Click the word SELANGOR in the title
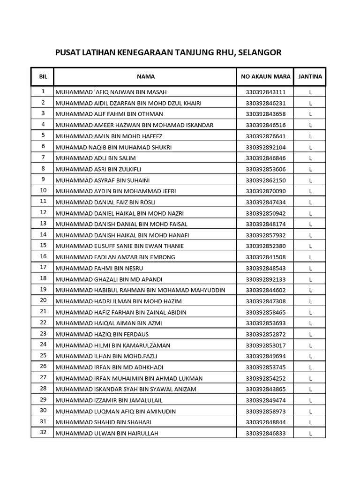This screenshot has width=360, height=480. point(260,52)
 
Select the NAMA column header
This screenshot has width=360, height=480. point(146,76)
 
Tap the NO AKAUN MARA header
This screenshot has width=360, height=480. point(265,76)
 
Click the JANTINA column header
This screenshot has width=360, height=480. point(310,76)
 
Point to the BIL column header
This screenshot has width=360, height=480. point(43,76)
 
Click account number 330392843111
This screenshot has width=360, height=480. point(265,92)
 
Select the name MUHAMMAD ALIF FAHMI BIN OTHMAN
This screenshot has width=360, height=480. point(109,114)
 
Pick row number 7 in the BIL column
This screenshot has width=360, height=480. point(43,157)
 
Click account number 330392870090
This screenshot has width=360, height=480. point(265,191)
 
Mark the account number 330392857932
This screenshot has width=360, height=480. point(265,235)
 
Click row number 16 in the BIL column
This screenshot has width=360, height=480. point(43,256)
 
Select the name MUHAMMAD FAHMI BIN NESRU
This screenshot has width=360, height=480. point(99,268)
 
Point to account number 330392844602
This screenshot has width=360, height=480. point(265,290)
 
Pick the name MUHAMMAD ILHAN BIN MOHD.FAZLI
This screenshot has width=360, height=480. point(107,356)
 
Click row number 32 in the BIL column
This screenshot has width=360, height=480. point(43,433)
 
